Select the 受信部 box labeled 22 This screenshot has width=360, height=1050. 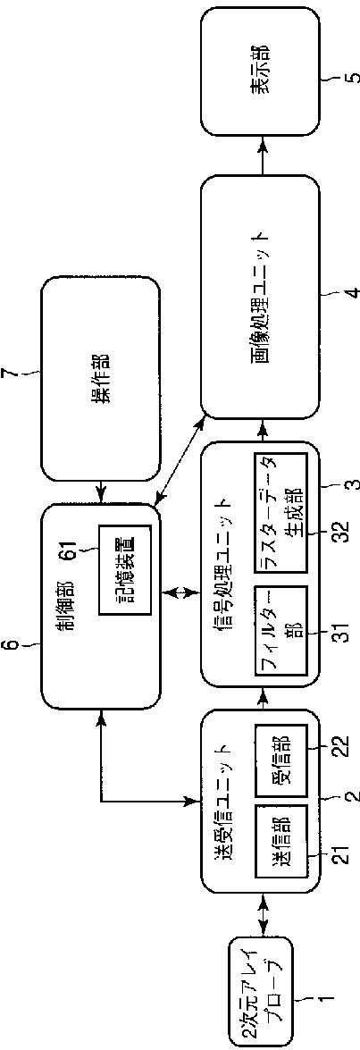click(280, 758)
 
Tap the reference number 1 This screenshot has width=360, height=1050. click(351, 992)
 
